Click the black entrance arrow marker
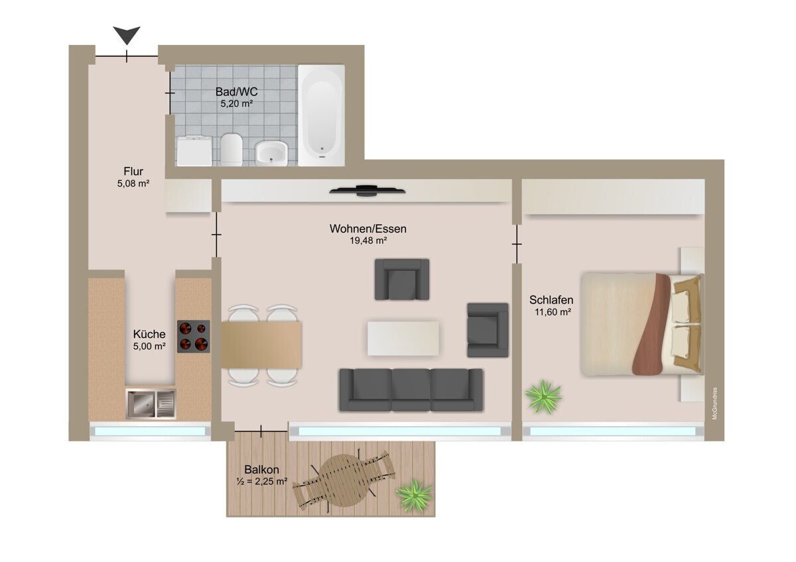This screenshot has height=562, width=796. pos(127,35)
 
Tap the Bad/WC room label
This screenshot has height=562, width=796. pos(236,92)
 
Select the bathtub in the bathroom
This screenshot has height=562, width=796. pos(321,115)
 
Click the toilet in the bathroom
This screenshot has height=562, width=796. pos(232,150)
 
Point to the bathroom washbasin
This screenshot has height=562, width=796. pos(271,153)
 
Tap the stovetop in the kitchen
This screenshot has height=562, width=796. pos(194,337)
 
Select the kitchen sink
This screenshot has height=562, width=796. pos(151,404)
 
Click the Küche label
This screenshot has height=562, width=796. pos(149,334)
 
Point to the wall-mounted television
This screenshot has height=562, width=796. pos(367,191)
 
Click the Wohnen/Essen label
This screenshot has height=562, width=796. pos(367,229)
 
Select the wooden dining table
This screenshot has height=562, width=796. pos(261,345)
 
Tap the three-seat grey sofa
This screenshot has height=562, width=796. pos(411,390)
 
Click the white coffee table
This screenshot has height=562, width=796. pos(403,339)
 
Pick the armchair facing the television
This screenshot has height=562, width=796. pos(402,280)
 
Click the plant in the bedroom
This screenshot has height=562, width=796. pos(543,396)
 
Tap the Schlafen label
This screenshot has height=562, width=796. pos(551,300)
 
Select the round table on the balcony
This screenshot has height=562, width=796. pos(344,480)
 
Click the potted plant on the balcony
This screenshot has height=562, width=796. pos(414,496)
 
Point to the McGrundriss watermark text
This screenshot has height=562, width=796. pos(714,404)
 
